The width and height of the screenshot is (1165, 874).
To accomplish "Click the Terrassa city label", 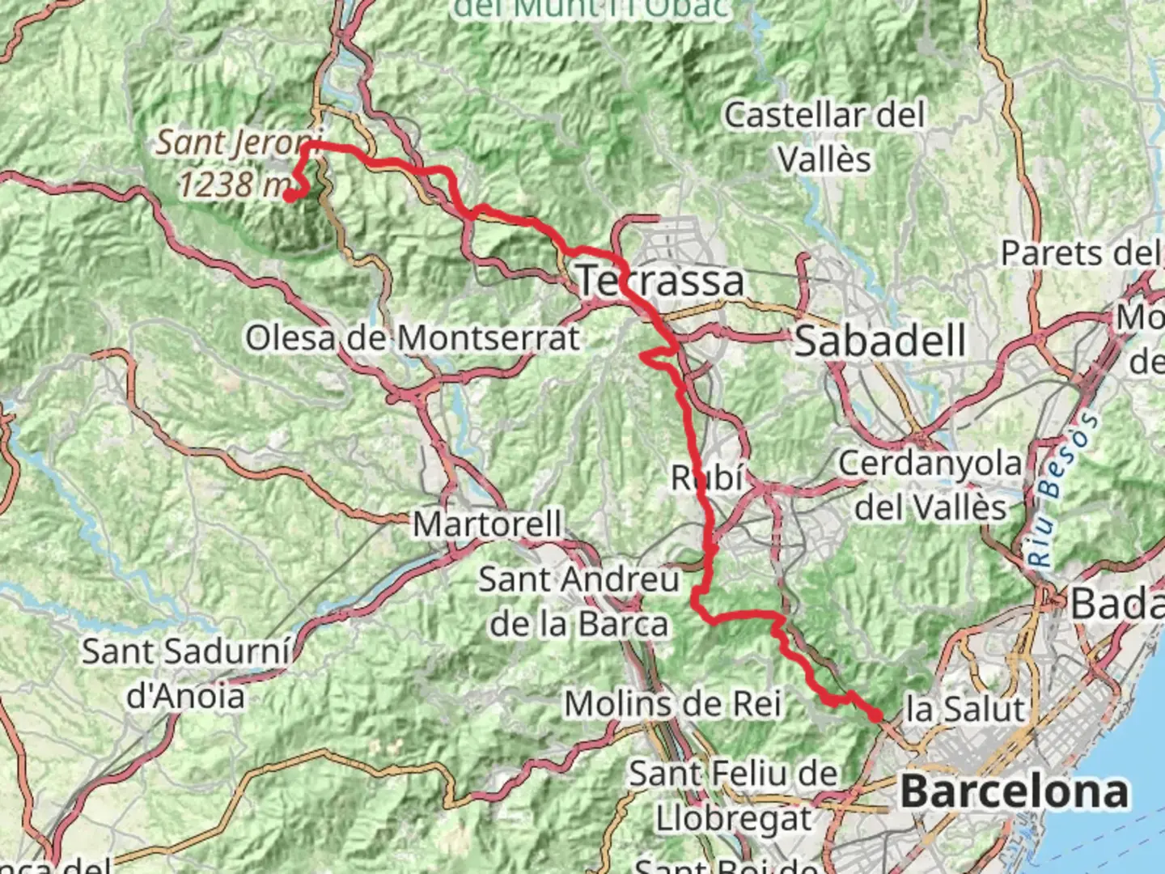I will pos(660,281).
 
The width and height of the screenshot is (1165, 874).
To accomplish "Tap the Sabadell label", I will pos(880,341).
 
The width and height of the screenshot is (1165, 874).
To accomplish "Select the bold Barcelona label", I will pos(1014,791).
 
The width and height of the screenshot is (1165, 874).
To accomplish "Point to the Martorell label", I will pos(487,524).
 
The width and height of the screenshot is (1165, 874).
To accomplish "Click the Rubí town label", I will pos(707,478).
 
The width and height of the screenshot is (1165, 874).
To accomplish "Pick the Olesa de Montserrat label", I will pos(413,338).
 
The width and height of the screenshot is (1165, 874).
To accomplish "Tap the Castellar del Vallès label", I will pos(824,137).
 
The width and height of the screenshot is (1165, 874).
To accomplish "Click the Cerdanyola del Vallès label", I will pos(930,486).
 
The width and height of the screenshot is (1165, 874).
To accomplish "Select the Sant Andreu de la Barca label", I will pos(579,601).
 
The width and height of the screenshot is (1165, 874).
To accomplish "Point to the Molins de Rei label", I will pos(672,704).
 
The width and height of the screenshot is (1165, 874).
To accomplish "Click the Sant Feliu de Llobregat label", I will pos(733,796).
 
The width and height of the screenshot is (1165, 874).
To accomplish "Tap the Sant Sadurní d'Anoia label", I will pos(186,673).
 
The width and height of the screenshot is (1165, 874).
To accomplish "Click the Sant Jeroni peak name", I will pos(239,143).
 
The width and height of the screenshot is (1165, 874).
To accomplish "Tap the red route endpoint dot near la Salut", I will pos(875,715).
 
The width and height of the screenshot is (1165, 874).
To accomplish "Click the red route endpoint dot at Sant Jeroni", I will pos(289,195).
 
